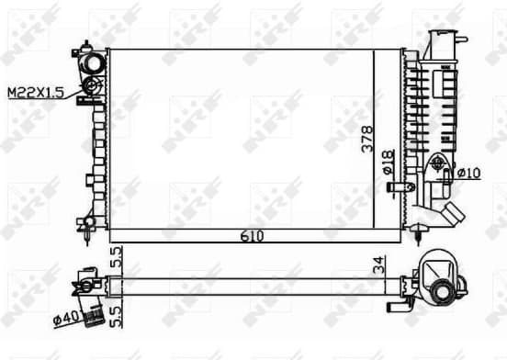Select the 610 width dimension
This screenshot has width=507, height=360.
pyautogui.click(x=253, y=236)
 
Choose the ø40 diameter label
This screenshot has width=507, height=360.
pyautogui.click(x=65, y=319)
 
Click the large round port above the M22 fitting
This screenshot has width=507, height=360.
pyautogui.click(x=93, y=65)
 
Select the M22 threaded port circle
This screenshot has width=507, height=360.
pyautogui.click(x=92, y=87)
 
